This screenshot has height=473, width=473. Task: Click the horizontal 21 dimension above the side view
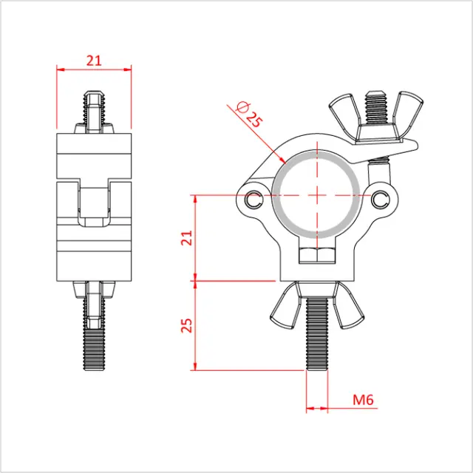94,61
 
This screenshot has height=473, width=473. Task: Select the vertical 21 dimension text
186,238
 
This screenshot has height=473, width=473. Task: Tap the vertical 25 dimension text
186,324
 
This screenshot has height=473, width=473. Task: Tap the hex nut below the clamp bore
316,255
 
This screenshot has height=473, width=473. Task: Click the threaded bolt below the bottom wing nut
316,347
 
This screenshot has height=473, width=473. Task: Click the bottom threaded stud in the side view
94,340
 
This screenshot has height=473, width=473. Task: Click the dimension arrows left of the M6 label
317,407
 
